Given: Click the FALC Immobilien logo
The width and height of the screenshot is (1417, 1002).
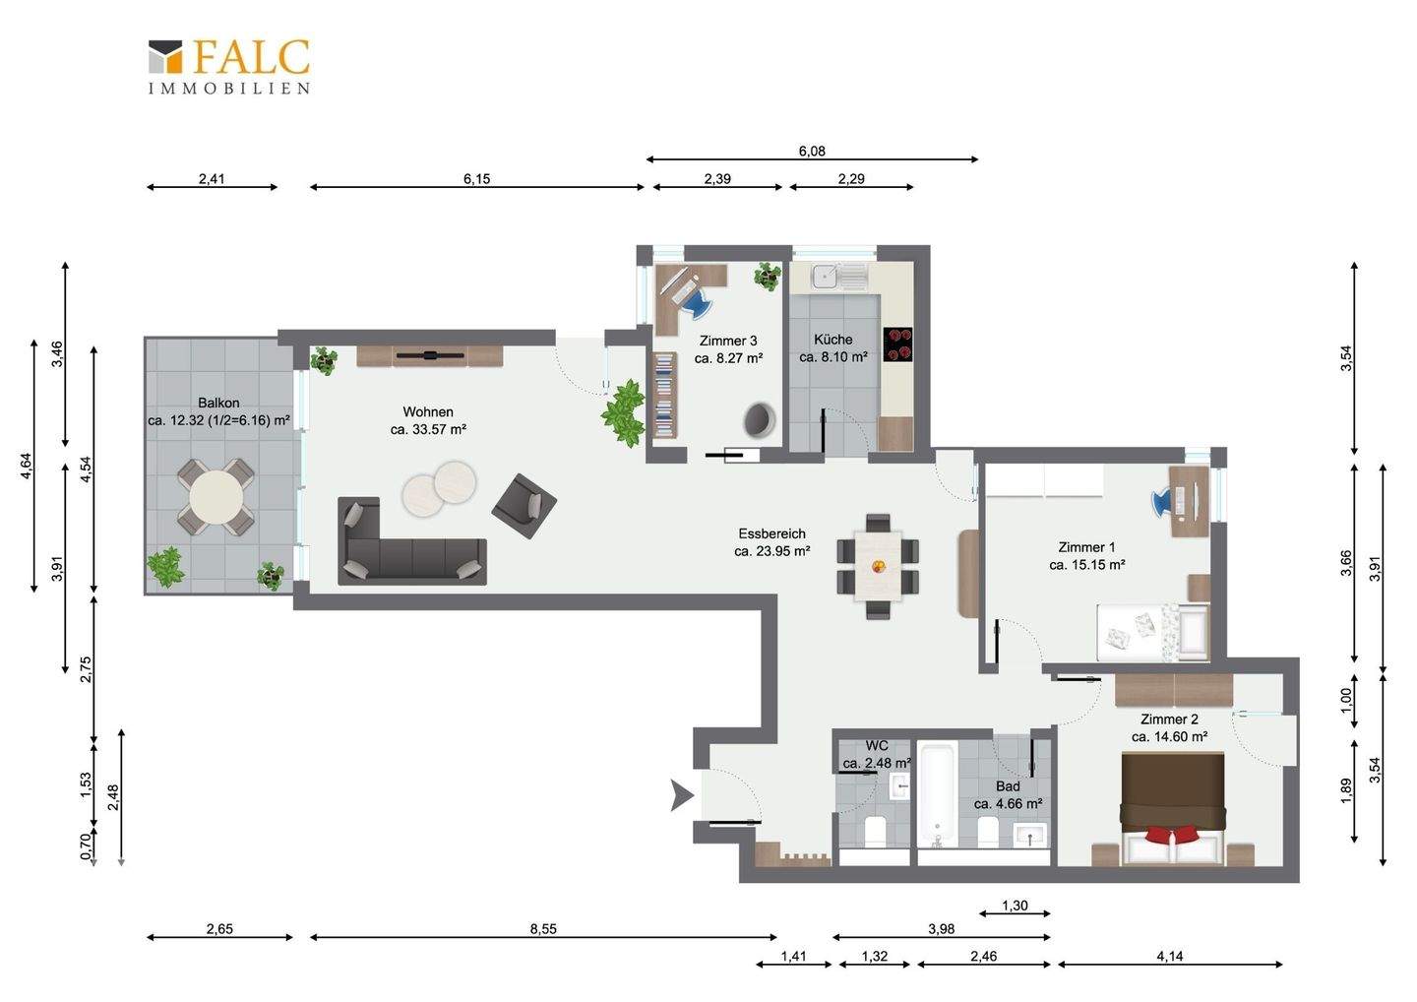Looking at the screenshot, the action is point(229,67).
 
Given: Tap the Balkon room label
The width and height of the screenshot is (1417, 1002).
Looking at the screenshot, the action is point(218,403).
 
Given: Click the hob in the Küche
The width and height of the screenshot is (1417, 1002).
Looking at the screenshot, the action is point(897,344).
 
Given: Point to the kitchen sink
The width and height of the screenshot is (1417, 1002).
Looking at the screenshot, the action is point(839,277).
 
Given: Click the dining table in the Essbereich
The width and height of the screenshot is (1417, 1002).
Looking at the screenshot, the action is point(878,566).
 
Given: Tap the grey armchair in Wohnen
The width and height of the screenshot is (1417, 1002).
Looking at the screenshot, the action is point(524,506).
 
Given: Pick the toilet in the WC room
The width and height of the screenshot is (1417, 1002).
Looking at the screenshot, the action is point(875,831).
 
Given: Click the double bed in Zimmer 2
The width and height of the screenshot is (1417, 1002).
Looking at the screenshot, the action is point(1172,808).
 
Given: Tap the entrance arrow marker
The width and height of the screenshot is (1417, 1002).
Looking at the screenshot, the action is point(682,795).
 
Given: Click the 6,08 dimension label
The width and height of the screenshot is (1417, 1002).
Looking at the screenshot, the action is point(812,152).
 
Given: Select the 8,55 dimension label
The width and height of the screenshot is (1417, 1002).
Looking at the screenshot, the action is point(543,929).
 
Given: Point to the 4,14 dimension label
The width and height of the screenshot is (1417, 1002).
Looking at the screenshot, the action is point(1170,957).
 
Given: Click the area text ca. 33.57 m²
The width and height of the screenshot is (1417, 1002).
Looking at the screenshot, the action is point(428,429).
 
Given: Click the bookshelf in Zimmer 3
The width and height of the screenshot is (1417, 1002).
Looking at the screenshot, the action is point(663,396).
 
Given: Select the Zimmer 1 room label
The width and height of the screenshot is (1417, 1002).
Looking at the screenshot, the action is point(1086,547).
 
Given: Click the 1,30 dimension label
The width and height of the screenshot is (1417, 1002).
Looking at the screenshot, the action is point(1015,906).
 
